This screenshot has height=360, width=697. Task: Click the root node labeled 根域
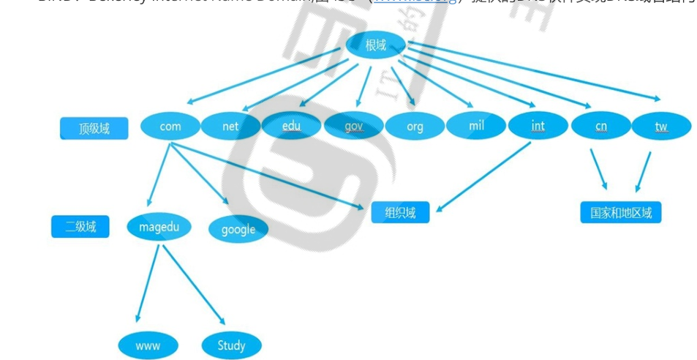(x=375, y=45)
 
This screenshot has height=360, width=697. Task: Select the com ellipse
(x=170, y=126)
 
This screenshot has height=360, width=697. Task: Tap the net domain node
(x=230, y=126)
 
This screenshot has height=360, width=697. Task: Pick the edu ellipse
(x=291, y=126)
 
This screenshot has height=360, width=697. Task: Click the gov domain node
(x=353, y=126)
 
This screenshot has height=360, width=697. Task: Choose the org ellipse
(x=415, y=126)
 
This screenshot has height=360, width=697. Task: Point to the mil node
(x=476, y=126)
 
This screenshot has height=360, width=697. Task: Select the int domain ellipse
(x=538, y=126)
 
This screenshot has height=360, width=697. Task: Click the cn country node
(x=600, y=126)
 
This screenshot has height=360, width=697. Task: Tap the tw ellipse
(x=661, y=126)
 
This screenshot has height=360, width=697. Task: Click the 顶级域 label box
(x=94, y=129)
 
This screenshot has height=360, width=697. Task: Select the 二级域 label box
(x=80, y=227)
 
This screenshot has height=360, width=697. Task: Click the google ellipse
(x=238, y=229)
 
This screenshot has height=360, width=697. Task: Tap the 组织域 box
(x=400, y=212)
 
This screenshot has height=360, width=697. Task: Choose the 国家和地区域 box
(x=620, y=213)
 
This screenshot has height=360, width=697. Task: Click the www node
(x=148, y=345)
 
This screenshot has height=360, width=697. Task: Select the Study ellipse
(x=231, y=345)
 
